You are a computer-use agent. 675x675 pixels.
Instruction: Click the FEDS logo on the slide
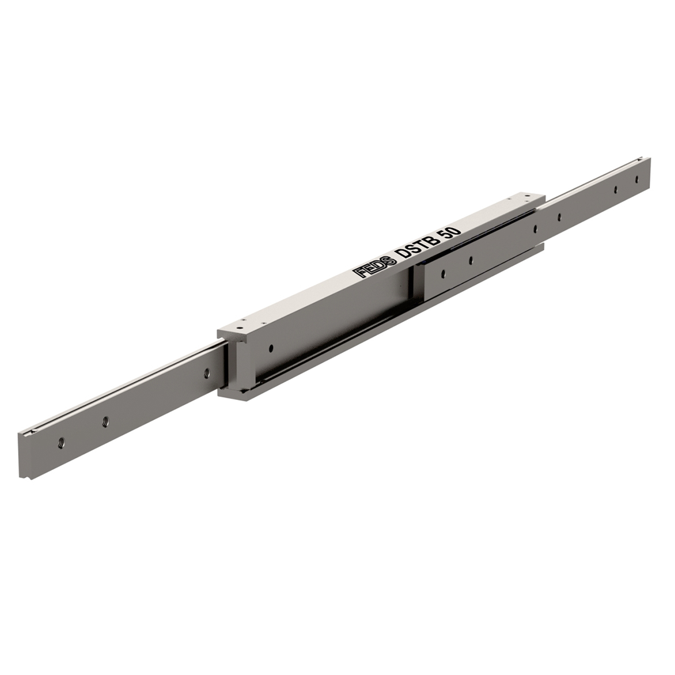(374, 266)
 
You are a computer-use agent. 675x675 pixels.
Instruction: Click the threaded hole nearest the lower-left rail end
(61, 442)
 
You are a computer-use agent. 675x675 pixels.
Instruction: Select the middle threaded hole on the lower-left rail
(105, 421)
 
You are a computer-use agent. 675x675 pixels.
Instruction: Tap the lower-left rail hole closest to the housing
(207, 372)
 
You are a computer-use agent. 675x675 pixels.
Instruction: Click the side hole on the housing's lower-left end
(271, 347)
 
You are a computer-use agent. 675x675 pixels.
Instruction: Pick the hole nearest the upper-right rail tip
(637, 179)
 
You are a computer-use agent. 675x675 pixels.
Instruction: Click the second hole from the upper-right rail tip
(616, 189)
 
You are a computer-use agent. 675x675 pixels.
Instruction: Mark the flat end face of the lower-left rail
(26, 456)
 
